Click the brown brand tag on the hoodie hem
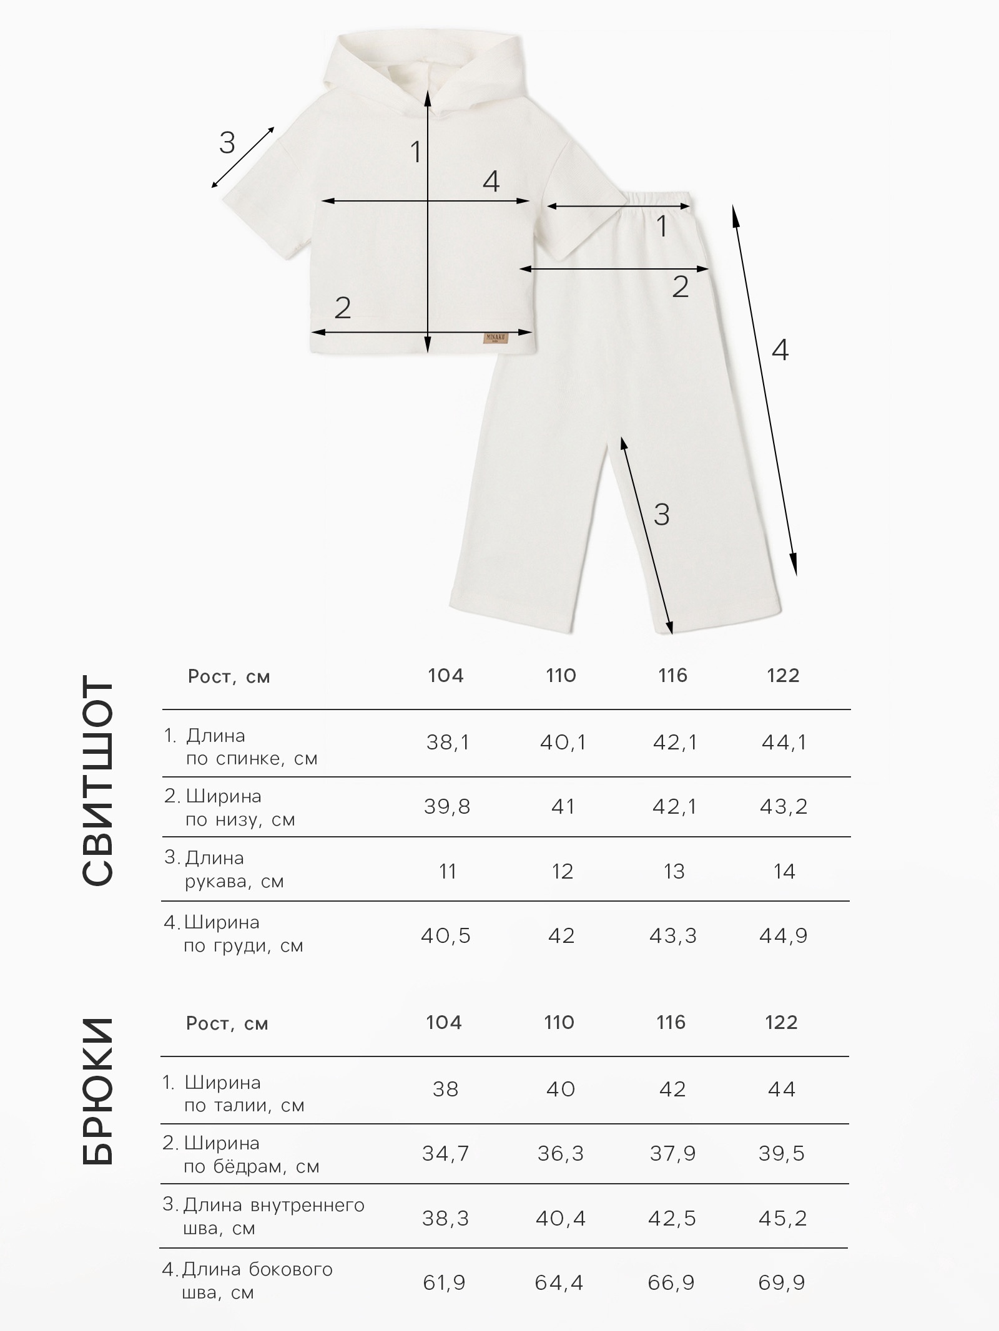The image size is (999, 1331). (496, 338)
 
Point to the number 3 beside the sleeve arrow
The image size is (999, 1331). (227, 143)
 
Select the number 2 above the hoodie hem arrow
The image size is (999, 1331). (343, 308)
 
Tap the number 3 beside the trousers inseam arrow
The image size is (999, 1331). (661, 514)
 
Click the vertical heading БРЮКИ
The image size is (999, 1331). (98, 1092)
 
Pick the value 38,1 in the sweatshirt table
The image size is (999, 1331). (448, 743)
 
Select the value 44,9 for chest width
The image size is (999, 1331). (784, 936)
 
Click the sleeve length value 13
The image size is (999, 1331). (674, 871)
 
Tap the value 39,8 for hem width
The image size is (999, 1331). (446, 807)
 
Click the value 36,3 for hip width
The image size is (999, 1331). (560, 1154)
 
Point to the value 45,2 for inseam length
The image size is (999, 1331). (783, 1218)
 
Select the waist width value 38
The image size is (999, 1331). (445, 1090)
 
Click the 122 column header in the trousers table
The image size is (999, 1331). (781, 1022)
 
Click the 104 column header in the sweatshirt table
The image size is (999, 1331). (446, 675)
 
